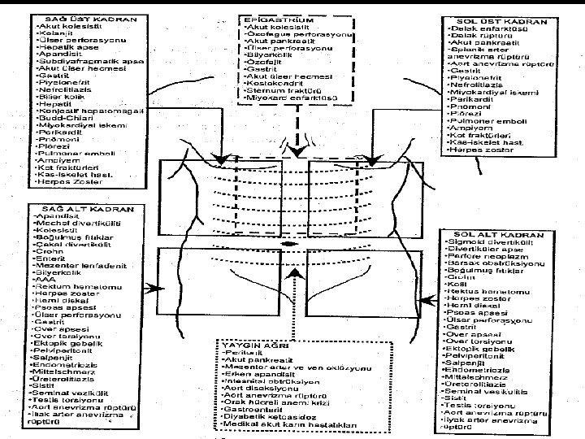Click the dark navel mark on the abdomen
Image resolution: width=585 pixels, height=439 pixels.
(288, 242)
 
